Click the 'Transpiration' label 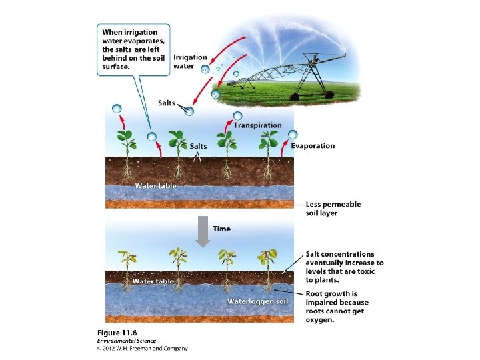point(257,125)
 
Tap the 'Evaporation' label point(313,145)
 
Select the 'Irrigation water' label point(190,61)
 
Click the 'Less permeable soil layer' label point(333,209)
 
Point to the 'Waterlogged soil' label point(257,301)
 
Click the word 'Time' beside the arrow point(222,229)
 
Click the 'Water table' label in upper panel point(156,185)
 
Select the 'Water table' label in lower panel point(153,281)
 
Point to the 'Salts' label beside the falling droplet point(167,102)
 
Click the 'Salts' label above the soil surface point(198,146)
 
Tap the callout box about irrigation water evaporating point(135,49)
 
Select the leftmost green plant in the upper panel point(126,150)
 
